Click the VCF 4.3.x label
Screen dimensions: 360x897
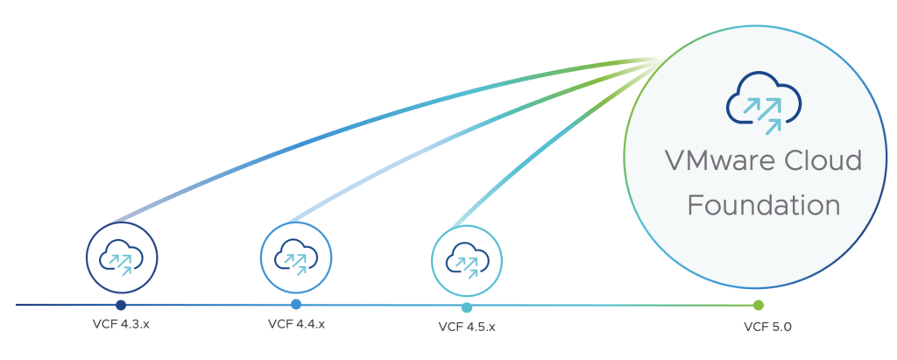(x=121, y=324)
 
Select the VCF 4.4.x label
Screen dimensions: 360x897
(x=296, y=324)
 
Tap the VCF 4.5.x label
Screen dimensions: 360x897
(x=467, y=328)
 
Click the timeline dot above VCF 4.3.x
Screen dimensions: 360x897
(x=121, y=305)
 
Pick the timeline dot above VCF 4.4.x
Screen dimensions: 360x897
(x=296, y=304)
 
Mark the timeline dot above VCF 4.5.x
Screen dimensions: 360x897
(x=467, y=307)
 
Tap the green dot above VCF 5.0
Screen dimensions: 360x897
(x=759, y=305)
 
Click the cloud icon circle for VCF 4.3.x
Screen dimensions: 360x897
(x=121, y=258)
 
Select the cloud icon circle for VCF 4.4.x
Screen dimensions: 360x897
(x=296, y=258)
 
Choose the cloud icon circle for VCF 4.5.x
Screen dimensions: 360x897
(x=467, y=260)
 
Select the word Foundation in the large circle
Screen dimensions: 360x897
(x=763, y=206)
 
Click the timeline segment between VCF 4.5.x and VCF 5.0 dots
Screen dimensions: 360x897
(x=613, y=306)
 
